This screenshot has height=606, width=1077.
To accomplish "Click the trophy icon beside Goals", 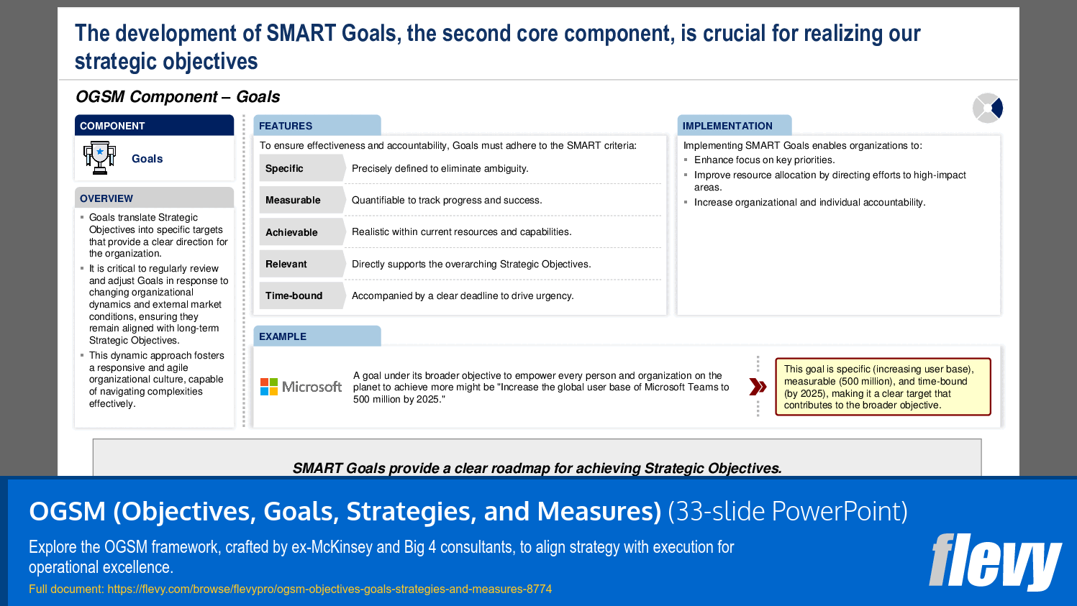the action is pyautogui.click(x=99, y=157).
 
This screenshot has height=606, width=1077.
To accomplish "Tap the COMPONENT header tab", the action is pyautogui.click(x=155, y=125).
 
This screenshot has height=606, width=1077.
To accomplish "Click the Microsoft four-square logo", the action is pyautogui.click(x=269, y=387).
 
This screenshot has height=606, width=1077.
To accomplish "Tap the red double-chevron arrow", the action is pyautogui.click(x=758, y=387).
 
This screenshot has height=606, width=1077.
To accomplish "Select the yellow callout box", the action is pyautogui.click(x=883, y=387).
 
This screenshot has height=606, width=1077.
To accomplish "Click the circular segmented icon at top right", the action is pyautogui.click(x=988, y=108).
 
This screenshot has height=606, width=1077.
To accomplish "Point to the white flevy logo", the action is pyautogui.click(x=996, y=562).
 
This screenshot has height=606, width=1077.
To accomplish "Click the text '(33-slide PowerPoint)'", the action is pyautogui.click(x=788, y=511).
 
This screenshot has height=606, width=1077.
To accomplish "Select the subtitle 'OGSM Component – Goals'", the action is pyautogui.click(x=178, y=97).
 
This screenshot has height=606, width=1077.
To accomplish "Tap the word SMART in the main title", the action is pyautogui.click(x=301, y=33).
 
